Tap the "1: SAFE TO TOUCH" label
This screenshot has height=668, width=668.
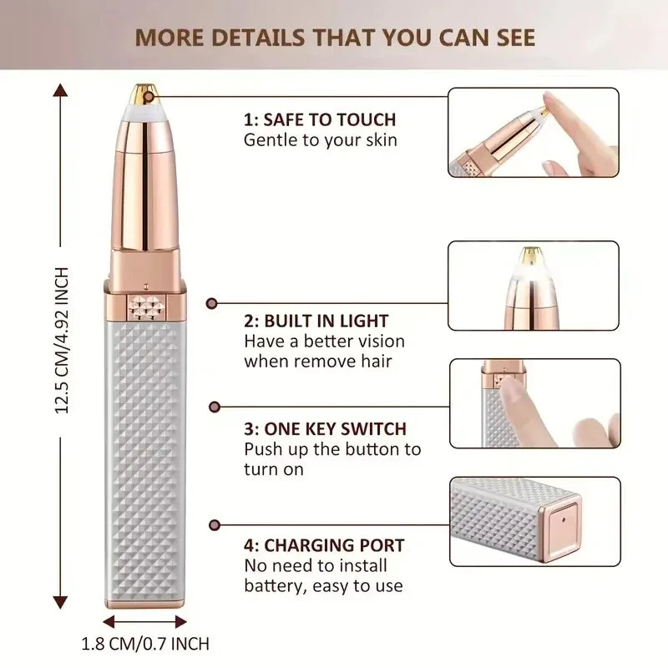(x=320, y=119)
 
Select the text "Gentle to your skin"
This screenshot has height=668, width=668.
(x=320, y=140)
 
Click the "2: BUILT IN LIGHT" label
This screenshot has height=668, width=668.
(x=316, y=321)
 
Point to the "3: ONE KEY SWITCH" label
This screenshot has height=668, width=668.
(x=325, y=429)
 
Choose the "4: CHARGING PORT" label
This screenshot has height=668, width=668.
(x=324, y=546)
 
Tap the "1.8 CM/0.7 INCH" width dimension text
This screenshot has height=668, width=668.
(x=145, y=644)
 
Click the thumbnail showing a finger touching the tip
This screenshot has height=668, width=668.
(x=534, y=132)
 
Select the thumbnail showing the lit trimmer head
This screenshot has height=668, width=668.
(x=534, y=286)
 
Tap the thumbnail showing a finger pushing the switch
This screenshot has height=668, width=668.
(x=534, y=403)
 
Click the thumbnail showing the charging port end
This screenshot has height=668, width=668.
(x=534, y=522)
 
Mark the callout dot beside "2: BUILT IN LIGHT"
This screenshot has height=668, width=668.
(x=213, y=306)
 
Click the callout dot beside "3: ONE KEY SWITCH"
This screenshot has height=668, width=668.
(x=214, y=407)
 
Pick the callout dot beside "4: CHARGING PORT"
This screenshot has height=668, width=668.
(x=214, y=524)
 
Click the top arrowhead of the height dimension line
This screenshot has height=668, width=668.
(x=60, y=89)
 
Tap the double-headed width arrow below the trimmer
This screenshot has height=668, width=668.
(x=145, y=621)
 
